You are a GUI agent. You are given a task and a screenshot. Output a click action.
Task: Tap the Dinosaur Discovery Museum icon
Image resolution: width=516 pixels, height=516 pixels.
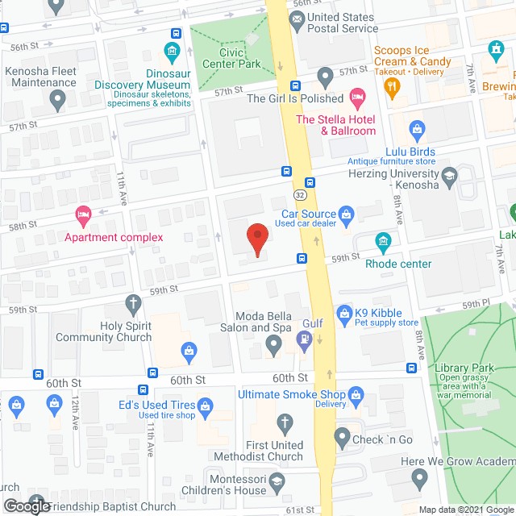171,54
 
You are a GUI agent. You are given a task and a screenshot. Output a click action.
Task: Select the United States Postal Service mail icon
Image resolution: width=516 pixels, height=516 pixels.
295,23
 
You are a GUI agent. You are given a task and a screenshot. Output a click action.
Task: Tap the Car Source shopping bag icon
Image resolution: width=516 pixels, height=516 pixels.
347,214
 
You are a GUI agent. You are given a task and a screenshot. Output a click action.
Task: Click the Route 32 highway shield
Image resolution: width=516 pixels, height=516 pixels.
299,194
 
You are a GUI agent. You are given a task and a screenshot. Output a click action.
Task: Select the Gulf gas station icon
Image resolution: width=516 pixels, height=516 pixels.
304,343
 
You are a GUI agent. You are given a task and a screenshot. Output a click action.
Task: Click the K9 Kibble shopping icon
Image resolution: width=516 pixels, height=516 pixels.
344,312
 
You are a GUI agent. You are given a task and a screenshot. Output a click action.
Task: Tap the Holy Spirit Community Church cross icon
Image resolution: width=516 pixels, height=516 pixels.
134,304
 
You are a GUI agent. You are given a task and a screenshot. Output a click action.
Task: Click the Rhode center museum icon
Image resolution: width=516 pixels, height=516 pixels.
383,241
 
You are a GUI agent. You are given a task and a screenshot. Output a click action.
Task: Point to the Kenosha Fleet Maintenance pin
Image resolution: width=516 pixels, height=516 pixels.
57,100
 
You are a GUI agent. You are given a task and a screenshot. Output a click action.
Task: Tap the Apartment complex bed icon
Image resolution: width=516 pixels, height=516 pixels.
83,214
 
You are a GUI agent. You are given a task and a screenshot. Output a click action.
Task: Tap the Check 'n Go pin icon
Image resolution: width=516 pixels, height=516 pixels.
341,439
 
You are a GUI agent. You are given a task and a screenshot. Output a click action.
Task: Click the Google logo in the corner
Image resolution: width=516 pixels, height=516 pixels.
26,506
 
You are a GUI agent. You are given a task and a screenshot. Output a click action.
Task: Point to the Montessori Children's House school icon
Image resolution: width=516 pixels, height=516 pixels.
278,480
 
